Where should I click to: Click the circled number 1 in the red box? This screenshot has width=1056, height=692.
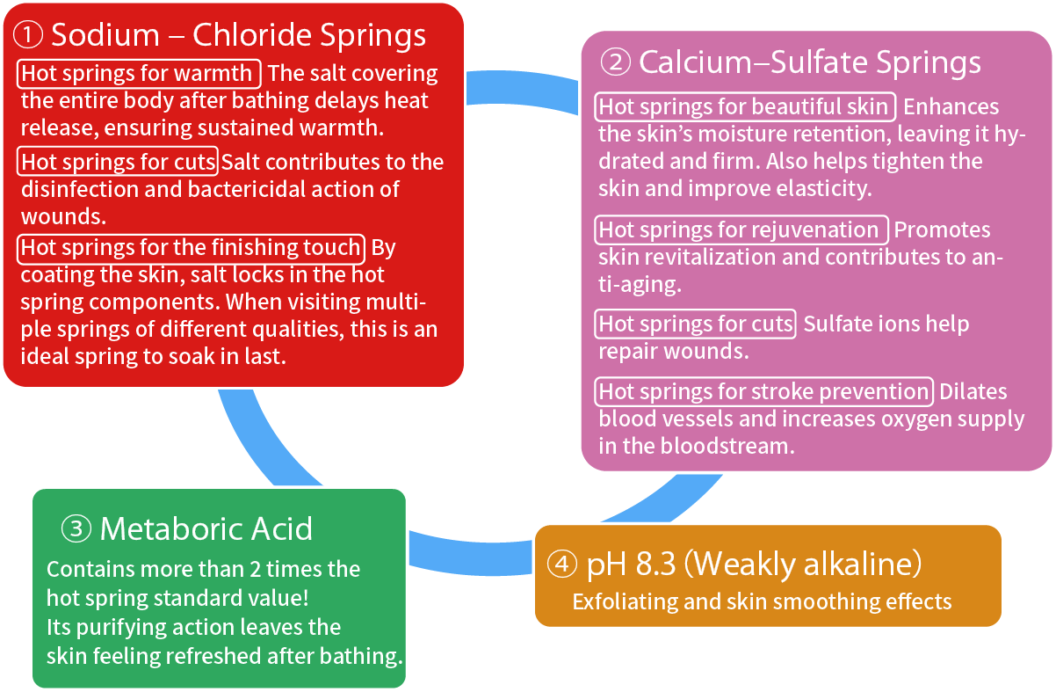pyautogui.click(x=30, y=35)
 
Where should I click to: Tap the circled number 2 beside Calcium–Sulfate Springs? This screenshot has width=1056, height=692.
pyautogui.click(x=615, y=62)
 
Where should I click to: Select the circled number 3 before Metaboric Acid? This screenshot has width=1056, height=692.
pyautogui.click(x=77, y=528)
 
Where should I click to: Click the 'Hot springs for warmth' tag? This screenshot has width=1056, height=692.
pyautogui.click(x=139, y=73)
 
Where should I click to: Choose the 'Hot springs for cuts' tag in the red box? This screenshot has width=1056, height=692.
pyautogui.click(x=118, y=162)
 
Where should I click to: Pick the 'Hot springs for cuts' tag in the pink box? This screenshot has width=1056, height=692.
pyautogui.click(x=696, y=324)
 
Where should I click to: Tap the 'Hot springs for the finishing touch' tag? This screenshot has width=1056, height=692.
pyautogui.click(x=191, y=248)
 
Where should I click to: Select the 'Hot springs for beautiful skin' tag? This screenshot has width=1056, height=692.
pyautogui.click(x=744, y=107)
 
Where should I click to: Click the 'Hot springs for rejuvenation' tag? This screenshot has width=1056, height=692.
pyautogui.click(x=741, y=230)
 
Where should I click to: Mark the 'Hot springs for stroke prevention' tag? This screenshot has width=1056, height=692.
pyautogui.click(x=763, y=391)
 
